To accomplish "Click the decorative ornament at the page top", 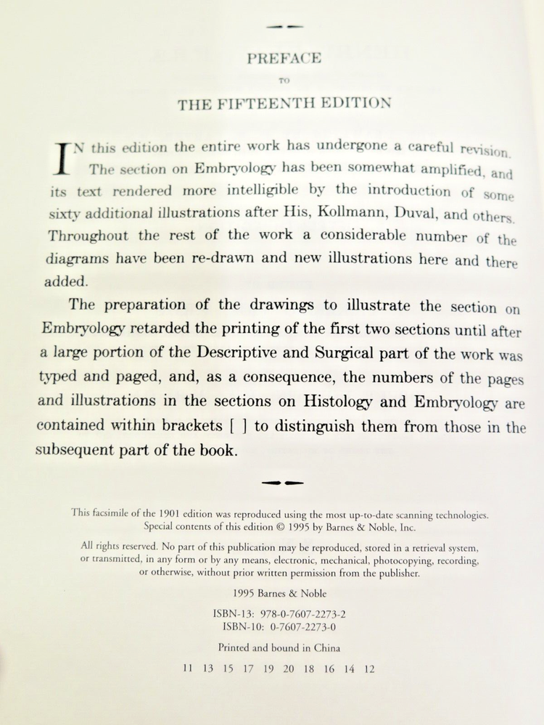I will [284, 26].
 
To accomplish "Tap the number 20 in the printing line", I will [288, 669].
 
